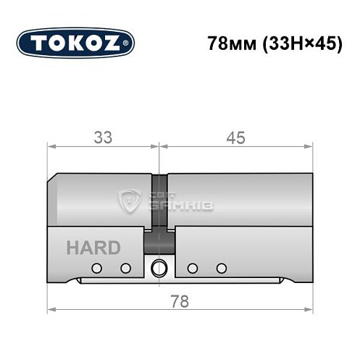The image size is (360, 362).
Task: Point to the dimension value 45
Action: pos(235,138)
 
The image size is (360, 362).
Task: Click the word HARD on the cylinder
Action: pos(93,248)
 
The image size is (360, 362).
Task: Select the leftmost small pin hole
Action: pos(96,269)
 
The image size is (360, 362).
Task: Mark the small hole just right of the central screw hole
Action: pos(192,269)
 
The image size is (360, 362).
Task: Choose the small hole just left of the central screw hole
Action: pos(125,269)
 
